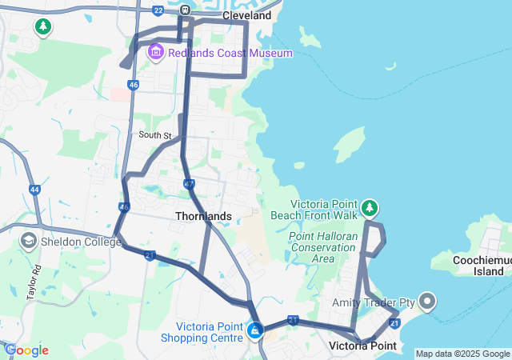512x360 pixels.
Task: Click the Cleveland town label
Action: [246, 15]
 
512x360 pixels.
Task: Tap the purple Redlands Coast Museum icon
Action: [155, 52]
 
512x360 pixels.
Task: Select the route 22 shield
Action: [158, 10]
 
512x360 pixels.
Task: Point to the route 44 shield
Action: [34, 190]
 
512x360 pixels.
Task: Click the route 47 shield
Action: [189, 185]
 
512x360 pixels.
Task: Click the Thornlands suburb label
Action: [203, 216]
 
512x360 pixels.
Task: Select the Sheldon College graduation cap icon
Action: [28, 241]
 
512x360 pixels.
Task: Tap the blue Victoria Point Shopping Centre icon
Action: [255, 330]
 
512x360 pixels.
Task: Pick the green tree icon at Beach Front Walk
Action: [369, 209]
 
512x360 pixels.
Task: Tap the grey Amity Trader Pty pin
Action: [426, 302]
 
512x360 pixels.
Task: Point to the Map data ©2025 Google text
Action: [462, 354]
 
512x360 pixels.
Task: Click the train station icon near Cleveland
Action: [186, 10]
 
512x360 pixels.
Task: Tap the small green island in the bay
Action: [349, 144]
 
